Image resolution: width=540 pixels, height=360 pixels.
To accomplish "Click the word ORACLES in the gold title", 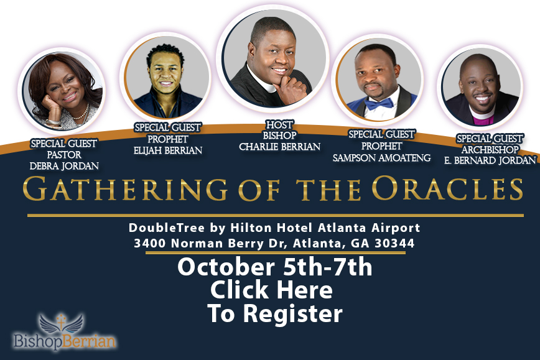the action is [447, 188].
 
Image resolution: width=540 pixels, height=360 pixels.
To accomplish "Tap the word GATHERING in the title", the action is [125, 188].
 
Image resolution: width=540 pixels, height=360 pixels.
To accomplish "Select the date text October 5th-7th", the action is [275, 267].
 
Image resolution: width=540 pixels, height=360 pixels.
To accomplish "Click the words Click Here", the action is [271, 290].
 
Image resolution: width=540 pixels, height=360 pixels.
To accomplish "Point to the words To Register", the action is [275, 313].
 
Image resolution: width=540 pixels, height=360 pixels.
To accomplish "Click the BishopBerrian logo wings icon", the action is [61, 323].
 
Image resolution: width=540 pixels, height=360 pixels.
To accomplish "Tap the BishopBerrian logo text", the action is [64, 341].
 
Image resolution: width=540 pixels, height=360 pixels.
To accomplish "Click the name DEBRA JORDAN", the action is [64, 166].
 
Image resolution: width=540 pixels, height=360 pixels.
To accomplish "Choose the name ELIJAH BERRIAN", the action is [168, 150].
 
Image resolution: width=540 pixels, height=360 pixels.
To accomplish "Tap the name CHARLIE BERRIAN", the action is [280, 147].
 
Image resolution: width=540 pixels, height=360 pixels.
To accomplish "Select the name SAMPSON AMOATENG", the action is [381, 158].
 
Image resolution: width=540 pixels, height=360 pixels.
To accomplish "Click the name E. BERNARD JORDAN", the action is [490, 160].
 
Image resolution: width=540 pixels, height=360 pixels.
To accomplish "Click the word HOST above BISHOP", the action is [280, 124].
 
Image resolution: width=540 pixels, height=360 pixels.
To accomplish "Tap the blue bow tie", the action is [379, 103].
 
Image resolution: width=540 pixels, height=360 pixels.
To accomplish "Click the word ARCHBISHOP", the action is [490, 149].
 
